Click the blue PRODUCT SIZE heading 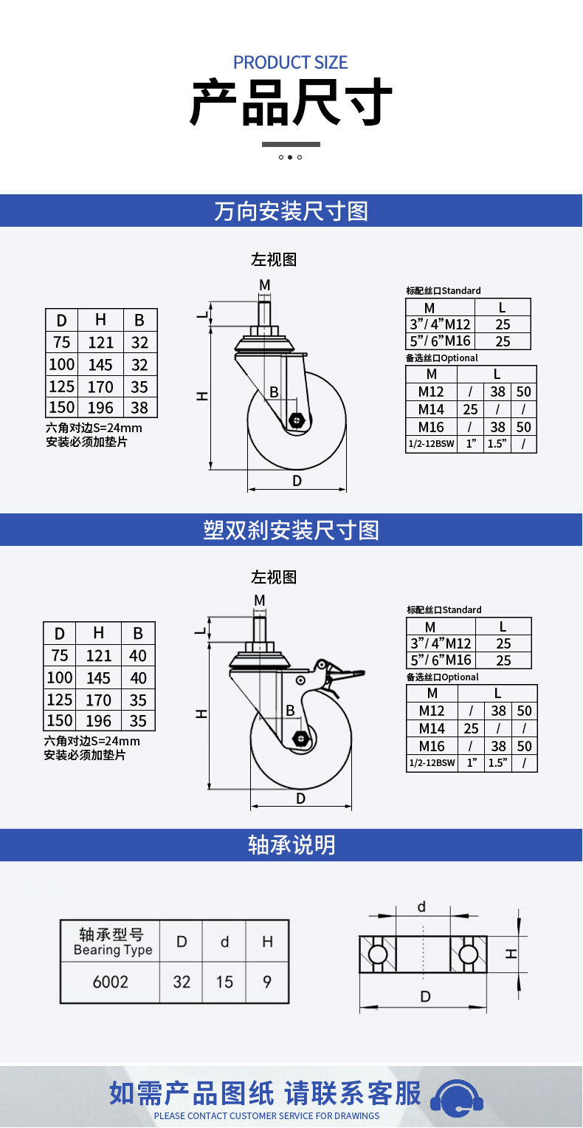coord(290,63)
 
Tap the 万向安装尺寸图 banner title coord(291,211)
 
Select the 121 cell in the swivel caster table coord(100,343)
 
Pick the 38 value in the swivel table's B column coord(139,407)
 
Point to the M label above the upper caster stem coord(265,285)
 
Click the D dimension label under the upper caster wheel coord(297,481)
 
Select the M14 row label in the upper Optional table coord(431,409)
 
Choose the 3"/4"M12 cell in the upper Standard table coord(440,324)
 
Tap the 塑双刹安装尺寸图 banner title coord(291,530)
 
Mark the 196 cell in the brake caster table coord(99,721)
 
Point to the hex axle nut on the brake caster coord(300,738)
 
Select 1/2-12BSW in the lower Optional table coord(432,763)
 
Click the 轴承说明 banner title coord(291,845)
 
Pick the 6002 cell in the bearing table coord(110,982)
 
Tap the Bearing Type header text coord(113,950)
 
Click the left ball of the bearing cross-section coord(377,954)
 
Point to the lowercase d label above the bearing coord(421,906)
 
